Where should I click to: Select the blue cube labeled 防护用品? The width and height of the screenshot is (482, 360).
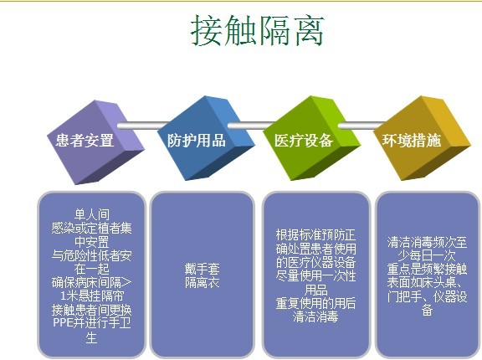pos(197,140)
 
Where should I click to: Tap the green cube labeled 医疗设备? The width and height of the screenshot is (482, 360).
pos(304,140)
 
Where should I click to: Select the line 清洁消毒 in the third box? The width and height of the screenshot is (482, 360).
pos(315,317)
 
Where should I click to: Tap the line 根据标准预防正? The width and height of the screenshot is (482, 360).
pos(315,235)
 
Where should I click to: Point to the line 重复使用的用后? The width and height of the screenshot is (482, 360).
pos(315,304)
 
